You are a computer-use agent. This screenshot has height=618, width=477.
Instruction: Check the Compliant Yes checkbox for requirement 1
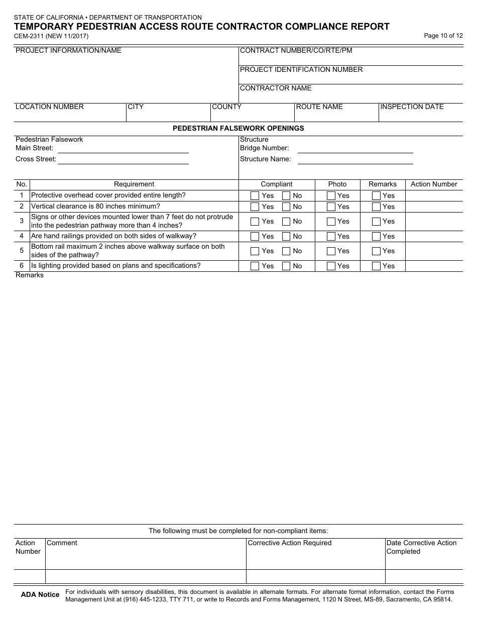[255, 196]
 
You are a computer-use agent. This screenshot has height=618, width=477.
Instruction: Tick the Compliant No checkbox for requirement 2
[286, 207]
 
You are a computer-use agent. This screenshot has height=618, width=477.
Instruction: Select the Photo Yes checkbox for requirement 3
[331, 222]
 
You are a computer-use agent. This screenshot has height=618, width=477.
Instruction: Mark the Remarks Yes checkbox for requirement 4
[376, 236]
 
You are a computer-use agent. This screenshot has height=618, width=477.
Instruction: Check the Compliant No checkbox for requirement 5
[286, 251]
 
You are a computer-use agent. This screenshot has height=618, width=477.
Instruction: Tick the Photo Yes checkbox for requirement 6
[331, 266]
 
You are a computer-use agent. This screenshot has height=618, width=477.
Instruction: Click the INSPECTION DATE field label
[412, 107]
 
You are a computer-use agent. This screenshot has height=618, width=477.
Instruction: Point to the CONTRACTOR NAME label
[276, 88]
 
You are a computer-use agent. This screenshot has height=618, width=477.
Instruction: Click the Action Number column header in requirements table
[434, 184]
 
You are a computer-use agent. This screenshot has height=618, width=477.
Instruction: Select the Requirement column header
[134, 184]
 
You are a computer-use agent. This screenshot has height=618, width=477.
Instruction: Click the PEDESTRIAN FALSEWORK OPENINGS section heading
[238, 128]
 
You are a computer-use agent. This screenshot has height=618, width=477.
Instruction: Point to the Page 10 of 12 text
[443, 36]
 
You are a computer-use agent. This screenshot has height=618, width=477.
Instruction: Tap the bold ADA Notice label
[40, 595]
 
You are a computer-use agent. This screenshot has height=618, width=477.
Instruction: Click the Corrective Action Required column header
[290, 543]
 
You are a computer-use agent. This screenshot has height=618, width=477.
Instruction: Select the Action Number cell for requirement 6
[434, 266]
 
